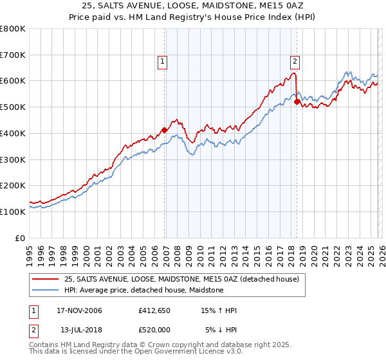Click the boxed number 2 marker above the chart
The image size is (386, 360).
pos(295,62)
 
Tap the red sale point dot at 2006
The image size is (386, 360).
pos(165,130)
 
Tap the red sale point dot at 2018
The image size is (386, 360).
pos(297,102)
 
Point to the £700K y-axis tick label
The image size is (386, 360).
pos(13,55)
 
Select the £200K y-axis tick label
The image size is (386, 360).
pos(13,185)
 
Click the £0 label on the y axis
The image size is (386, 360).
pos(21,238)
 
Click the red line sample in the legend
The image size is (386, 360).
pos(46,280)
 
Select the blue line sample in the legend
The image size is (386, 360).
pos(46,291)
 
